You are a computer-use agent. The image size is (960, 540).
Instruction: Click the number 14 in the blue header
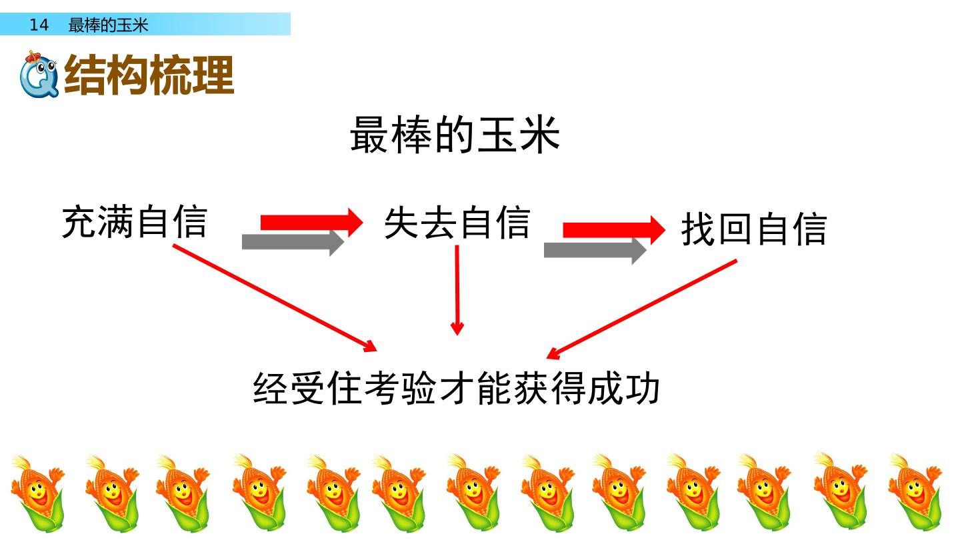(x=39, y=25)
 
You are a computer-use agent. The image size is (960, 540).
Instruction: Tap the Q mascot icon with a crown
(x=39, y=74)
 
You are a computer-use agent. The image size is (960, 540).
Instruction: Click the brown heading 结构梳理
(x=149, y=75)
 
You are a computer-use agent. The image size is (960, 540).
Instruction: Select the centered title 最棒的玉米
(x=455, y=135)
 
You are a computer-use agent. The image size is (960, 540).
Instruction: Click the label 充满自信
(x=135, y=221)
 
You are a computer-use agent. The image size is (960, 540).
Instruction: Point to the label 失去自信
(x=457, y=223)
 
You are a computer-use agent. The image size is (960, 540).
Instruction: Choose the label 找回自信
(x=754, y=229)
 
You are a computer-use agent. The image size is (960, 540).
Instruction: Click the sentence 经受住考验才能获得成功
(x=456, y=388)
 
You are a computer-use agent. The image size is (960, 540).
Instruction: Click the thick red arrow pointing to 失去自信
(x=311, y=223)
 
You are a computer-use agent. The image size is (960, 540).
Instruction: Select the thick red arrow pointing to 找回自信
(x=614, y=230)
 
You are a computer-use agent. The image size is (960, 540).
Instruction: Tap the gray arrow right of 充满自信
(x=293, y=242)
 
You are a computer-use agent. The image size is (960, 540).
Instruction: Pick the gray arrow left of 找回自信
(x=595, y=250)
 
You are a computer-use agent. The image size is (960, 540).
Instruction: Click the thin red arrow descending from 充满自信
(x=275, y=298)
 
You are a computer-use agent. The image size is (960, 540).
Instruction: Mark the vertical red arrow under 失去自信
(x=457, y=290)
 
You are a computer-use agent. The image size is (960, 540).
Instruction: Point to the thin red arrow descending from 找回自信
(x=641, y=309)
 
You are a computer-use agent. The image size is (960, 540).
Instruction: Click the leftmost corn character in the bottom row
(x=38, y=493)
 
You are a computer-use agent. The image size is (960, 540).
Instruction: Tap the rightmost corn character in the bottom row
(x=915, y=493)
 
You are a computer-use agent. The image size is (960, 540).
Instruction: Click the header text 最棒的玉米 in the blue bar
(x=108, y=25)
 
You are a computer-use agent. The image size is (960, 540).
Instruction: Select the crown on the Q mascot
(x=33, y=56)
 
